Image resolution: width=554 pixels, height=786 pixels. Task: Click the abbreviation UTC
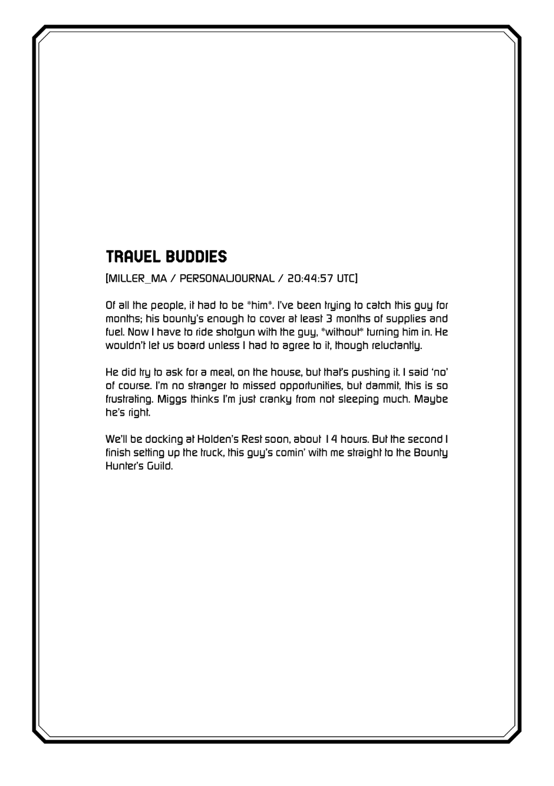pos(347,278)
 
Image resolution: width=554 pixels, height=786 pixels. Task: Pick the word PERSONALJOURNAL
pos(227,278)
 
